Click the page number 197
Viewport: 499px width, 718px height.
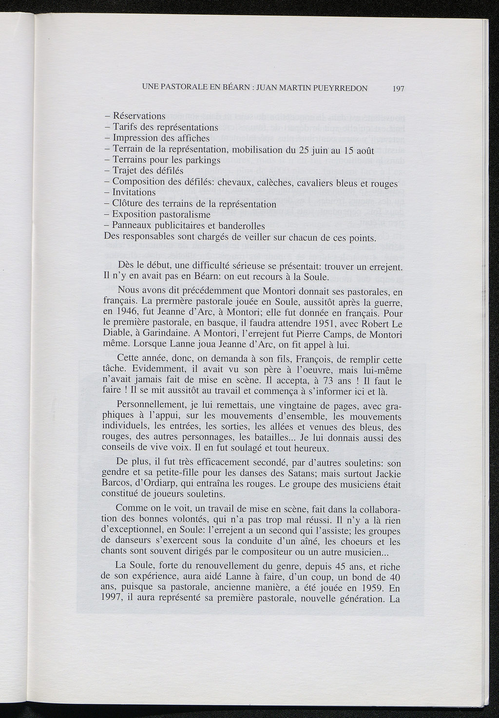(399, 89)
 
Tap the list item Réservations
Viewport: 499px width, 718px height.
(139, 116)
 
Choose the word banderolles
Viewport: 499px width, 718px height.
(241, 226)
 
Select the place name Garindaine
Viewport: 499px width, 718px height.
(154, 334)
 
